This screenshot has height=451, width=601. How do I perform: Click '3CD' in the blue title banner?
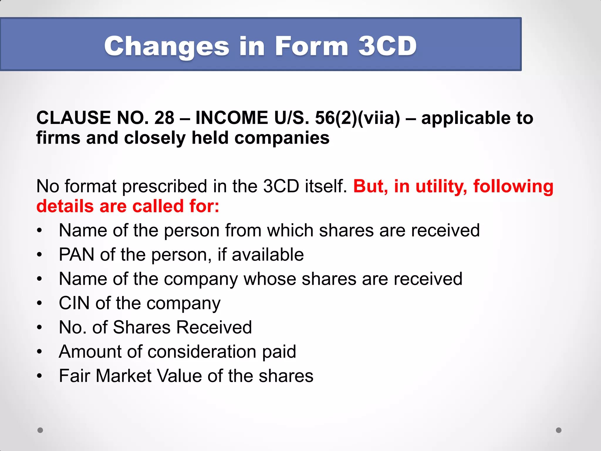tap(387, 46)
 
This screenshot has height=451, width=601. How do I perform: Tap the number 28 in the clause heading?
tap(164, 118)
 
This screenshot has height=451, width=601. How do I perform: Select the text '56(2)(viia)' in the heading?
tap(357, 118)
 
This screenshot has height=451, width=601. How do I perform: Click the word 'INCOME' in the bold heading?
tap(232, 118)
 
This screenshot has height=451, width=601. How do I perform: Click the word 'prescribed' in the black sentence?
tap(165, 187)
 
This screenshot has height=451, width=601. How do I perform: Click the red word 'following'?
tap(513, 187)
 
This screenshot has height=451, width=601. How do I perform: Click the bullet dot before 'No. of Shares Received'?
tap(40, 327)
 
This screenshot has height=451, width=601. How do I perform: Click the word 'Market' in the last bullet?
tap(124, 376)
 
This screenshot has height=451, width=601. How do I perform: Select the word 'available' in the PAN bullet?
tap(268, 254)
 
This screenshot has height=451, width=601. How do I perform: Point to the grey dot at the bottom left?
tap(40, 430)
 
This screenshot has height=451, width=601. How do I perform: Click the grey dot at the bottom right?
tap(559, 430)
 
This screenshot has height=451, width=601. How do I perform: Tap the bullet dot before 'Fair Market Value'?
tap(40, 376)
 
